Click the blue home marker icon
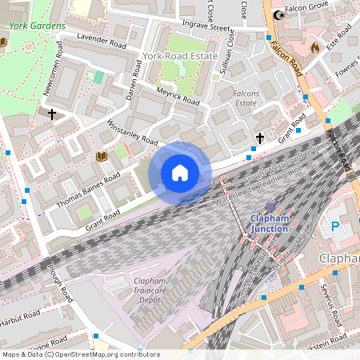click(x=180, y=172)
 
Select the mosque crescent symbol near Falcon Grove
click(x=278, y=14)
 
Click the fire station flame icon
click(x=314, y=49)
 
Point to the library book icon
click(x=101, y=156)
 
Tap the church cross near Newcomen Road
click(x=52, y=114)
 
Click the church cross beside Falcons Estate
click(x=258, y=138)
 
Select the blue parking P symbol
click(x=334, y=226)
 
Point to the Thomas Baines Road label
click(x=89, y=189)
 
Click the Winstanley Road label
click(x=132, y=133)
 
